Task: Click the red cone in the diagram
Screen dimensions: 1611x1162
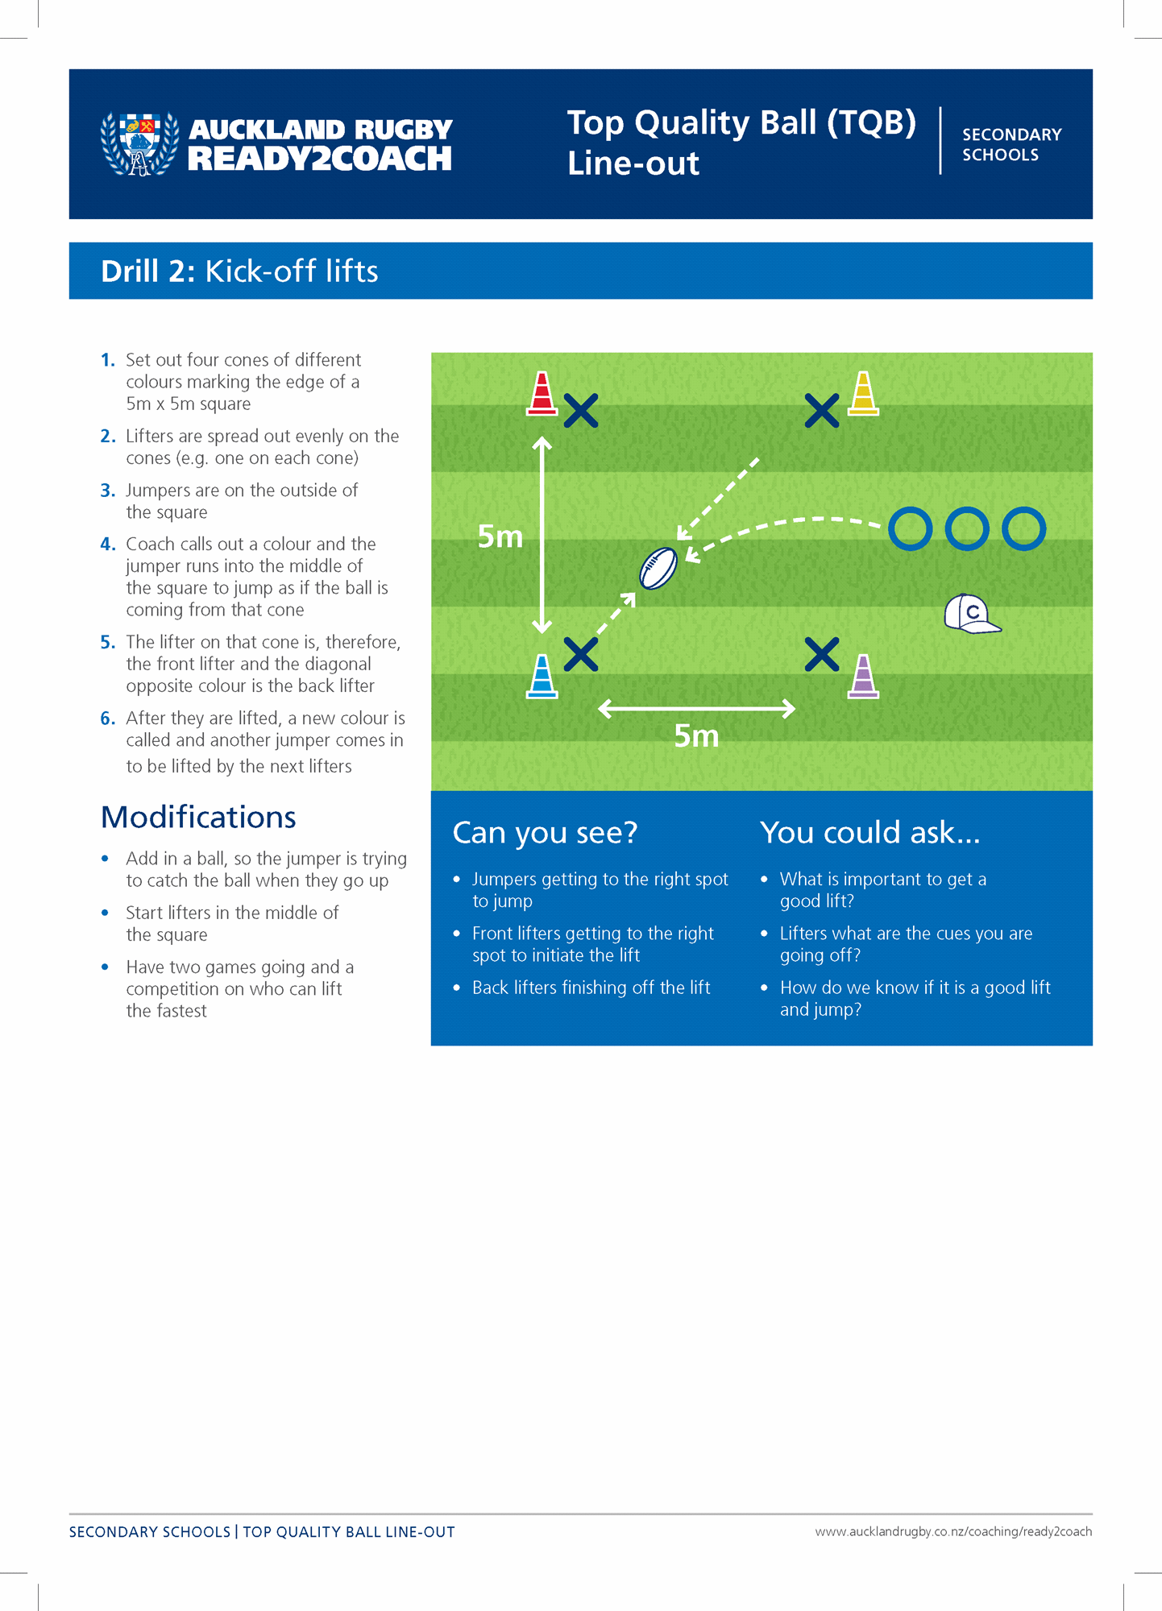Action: tap(542, 394)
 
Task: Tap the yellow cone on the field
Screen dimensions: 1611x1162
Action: tap(863, 394)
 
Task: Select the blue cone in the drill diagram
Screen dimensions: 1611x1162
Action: tap(542, 677)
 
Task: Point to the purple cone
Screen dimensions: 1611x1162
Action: tap(863, 677)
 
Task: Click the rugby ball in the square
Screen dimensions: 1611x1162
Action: tap(658, 569)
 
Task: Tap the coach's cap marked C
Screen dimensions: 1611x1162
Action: tap(971, 614)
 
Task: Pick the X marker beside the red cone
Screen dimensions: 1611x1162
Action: tap(581, 411)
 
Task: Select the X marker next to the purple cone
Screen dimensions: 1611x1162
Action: tap(822, 654)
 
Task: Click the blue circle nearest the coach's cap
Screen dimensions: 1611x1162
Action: tap(967, 529)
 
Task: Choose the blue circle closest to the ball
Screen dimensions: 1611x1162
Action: tap(911, 529)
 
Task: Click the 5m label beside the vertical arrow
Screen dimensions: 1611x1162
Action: tap(500, 536)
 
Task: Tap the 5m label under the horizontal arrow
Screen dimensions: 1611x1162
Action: tap(696, 736)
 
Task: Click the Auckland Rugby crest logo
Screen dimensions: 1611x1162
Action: tap(139, 144)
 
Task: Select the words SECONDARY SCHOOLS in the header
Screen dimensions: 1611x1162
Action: tap(1011, 145)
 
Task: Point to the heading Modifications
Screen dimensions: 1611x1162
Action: tap(198, 818)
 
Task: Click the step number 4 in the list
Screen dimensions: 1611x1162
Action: tap(108, 545)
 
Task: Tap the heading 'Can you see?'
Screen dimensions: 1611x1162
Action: tap(545, 833)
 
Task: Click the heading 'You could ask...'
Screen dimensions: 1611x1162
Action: tap(869, 833)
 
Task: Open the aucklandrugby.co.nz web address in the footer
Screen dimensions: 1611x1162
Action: tap(953, 1532)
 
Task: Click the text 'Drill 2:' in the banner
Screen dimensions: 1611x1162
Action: tap(147, 271)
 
